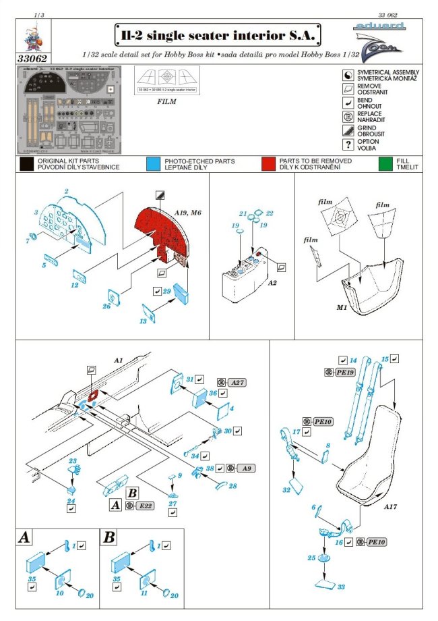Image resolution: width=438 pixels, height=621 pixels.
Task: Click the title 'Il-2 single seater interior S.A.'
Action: click(x=217, y=34)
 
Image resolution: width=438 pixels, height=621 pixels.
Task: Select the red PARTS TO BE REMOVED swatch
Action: click(x=270, y=164)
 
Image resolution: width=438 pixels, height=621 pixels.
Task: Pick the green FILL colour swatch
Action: click(x=385, y=164)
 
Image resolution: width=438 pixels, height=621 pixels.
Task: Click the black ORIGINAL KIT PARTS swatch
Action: click(x=27, y=164)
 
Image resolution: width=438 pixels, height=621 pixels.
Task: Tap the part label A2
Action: click(x=273, y=284)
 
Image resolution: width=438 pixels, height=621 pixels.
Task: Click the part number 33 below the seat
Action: click(x=342, y=587)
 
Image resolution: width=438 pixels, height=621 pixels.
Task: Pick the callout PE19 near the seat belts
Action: click(x=345, y=373)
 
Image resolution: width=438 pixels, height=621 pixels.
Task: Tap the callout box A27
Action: click(x=237, y=382)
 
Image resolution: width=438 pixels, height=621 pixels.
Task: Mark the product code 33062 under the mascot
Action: click(x=32, y=58)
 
